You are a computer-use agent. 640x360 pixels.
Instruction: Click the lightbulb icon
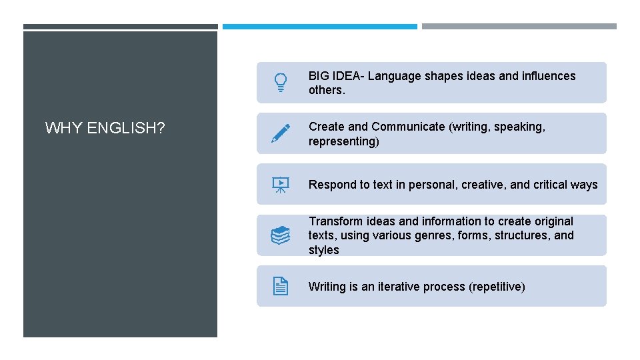(x=281, y=83)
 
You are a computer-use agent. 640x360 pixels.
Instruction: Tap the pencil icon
(x=281, y=133)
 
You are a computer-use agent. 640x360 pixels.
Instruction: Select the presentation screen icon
(x=281, y=185)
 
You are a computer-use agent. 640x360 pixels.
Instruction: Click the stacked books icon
(x=281, y=235)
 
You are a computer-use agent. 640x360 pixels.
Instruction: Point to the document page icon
(x=281, y=287)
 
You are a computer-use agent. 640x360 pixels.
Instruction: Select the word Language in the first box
(x=394, y=76)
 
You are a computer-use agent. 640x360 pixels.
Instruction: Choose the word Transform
(x=335, y=221)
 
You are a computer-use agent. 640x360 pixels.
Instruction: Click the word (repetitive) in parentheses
(x=497, y=287)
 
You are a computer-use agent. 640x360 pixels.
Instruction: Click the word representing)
(x=343, y=141)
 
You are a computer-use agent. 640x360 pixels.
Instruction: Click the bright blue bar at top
(x=319, y=27)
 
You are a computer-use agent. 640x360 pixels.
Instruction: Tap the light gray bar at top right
(x=519, y=27)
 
